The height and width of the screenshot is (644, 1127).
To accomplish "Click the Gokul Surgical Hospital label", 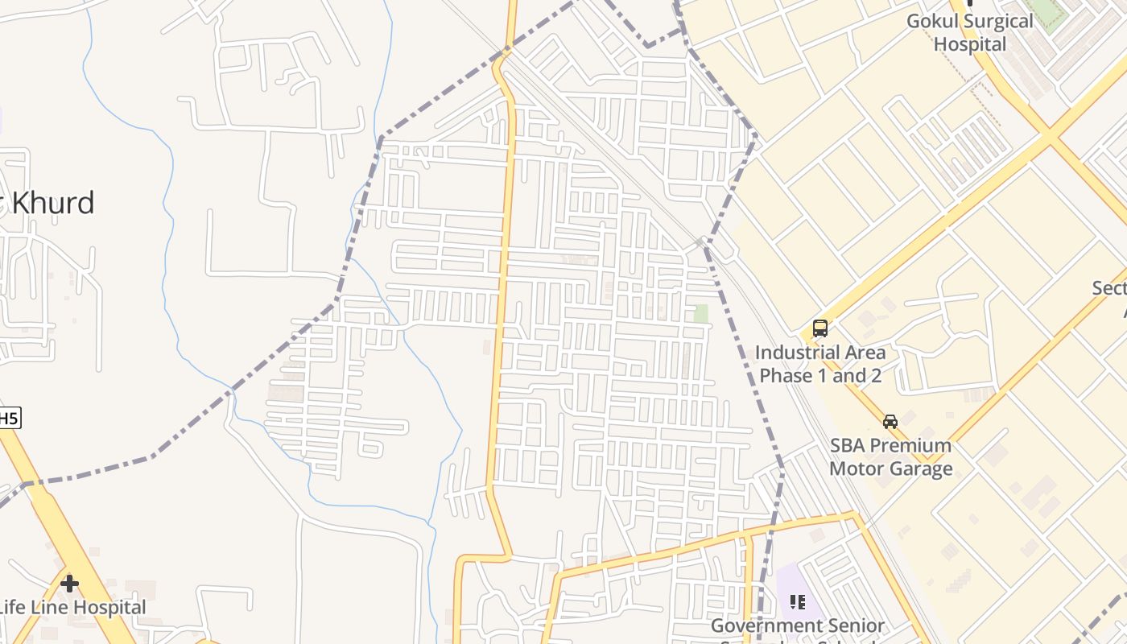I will pyautogui.click(x=970, y=32).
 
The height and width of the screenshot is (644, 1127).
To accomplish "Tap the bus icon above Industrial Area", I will pyautogui.click(x=820, y=328).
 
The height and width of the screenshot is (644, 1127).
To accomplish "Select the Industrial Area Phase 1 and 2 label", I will pyautogui.click(x=820, y=364).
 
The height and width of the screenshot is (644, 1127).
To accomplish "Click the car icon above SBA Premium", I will pyautogui.click(x=890, y=421).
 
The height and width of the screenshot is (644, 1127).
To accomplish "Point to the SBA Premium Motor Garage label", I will pyautogui.click(x=890, y=457).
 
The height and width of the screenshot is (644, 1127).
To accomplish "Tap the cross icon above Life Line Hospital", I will pyautogui.click(x=70, y=583).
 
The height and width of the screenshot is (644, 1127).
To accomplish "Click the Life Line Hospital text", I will pyautogui.click(x=72, y=607).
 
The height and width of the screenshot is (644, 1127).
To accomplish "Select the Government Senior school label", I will pyautogui.click(x=797, y=626).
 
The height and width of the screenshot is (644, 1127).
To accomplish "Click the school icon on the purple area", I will pyautogui.click(x=798, y=601).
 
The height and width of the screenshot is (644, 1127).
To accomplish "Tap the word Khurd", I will pyautogui.click(x=52, y=203).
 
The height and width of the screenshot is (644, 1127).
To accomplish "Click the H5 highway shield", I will pyautogui.click(x=8, y=418).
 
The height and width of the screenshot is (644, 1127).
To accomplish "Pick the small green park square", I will pyautogui.click(x=701, y=314).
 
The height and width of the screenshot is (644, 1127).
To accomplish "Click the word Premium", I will pyautogui.click(x=913, y=446).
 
